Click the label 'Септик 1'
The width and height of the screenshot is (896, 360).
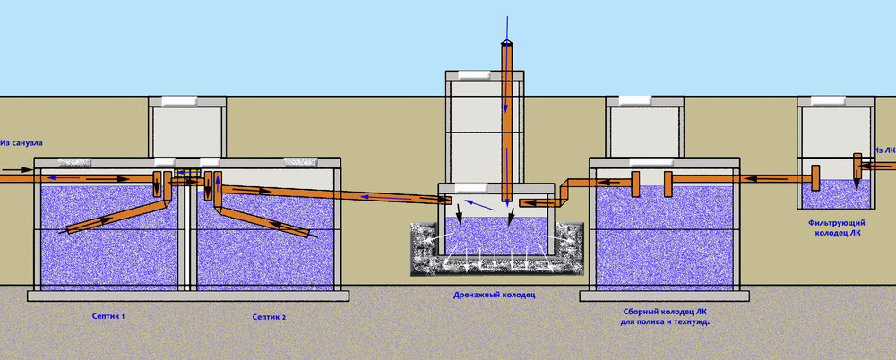coord(108,316)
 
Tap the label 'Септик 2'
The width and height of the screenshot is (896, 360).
coord(269,317)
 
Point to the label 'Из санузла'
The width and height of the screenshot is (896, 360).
coord(22,142)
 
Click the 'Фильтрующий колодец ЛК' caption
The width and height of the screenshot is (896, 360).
coord(837,227)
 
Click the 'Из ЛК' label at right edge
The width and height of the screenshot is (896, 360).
coord(884,150)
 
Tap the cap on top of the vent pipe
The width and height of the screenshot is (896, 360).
coord(506,43)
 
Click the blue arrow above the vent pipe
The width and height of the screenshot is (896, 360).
coord(506,28)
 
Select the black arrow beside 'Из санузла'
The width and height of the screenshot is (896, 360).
coord(17,170)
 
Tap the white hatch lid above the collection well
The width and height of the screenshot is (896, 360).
coord(635,100)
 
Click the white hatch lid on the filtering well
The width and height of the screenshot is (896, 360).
coord(828,100)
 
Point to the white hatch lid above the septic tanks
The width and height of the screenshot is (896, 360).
coord(179,100)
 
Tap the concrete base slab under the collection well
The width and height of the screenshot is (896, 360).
coord(665,296)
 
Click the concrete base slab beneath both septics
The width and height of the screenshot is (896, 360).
coord(188,296)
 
